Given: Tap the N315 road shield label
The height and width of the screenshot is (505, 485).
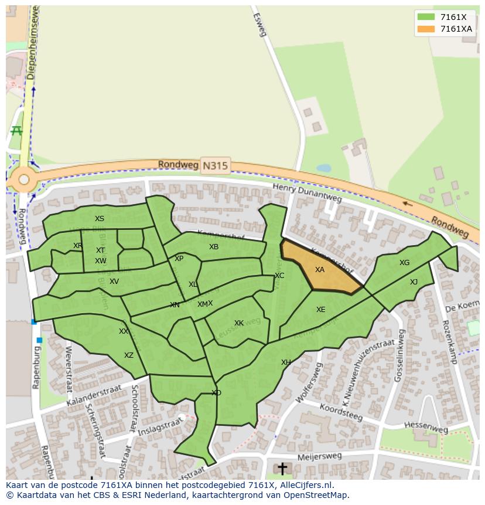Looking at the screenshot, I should click(x=215, y=166).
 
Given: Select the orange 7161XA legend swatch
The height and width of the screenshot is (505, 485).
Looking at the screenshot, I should click(x=426, y=29).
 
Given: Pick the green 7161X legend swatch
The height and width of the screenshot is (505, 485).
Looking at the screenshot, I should click(x=426, y=17).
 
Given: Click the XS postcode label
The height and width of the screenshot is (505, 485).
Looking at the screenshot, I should click(x=100, y=219).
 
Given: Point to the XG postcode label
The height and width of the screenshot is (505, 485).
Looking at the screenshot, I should click(x=404, y=263).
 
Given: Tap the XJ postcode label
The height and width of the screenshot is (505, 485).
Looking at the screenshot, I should click(x=414, y=282).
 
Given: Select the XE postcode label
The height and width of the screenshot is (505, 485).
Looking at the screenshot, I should click(x=320, y=310).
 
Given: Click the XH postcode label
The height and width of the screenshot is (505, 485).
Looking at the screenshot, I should click(x=286, y=362).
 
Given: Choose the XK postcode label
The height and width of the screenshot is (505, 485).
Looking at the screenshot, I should click(x=239, y=323).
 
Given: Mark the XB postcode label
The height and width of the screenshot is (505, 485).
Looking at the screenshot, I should click(x=214, y=247).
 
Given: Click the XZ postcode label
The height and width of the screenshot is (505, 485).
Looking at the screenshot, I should click(x=129, y=355).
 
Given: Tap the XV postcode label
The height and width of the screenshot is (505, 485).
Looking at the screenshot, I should click(x=114, y=282).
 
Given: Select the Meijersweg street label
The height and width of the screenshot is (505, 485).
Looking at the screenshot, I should click(x=319, y=456).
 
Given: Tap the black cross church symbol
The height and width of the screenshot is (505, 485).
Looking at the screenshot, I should click(x=282, y=468).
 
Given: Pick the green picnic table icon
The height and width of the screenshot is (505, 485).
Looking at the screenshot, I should click(x=16, y=130).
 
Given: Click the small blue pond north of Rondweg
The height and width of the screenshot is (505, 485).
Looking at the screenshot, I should click(x=323, y=168).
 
